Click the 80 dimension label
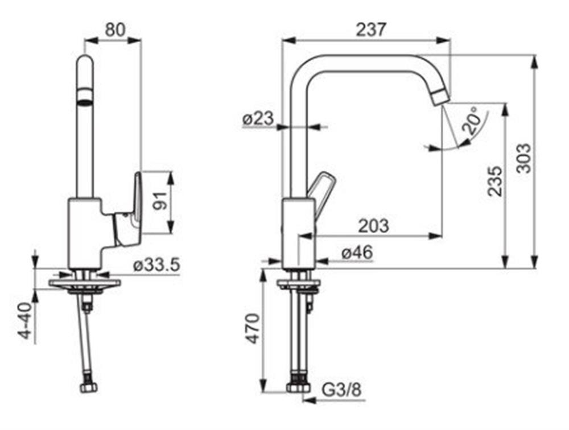click(x=115, y=30)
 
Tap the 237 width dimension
click(x=371, y=30)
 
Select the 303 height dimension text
click(x=523, y=158)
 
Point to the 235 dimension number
click(x=496, y=181)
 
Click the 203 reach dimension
click(x=373, y=226)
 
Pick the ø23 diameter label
click(x=258, y=119)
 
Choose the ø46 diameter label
click(x=357, y=252)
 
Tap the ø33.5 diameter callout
click(x=156, y=265)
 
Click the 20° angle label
click(x=471, y=121)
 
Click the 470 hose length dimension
click(x=253, y=328)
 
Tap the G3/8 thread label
click(x=342, y=390)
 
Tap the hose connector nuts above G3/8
click(x=298, y=386)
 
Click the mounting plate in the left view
click(x=85, y=283)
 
